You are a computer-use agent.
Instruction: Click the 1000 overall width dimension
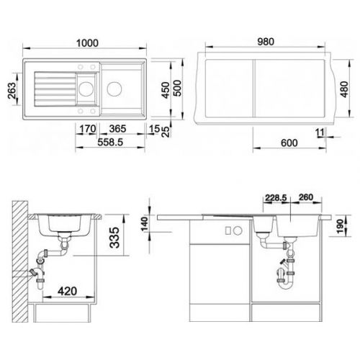tap(87, 43)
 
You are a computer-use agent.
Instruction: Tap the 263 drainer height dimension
tap(12, 91)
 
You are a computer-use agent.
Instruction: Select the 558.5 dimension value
tap(110, 142)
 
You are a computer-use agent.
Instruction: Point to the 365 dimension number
tap(117, 129)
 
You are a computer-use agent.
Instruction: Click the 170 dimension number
tap(88, 129)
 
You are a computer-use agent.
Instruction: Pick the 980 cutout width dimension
tap(266, 42)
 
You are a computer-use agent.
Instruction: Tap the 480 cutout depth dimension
tap(344, 89)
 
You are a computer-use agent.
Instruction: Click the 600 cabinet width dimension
tap(289, 143)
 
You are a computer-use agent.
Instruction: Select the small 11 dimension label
tap(320, 132)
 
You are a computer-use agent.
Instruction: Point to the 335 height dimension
tap(114, 238)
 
